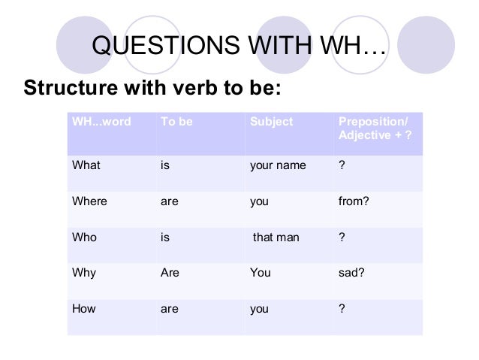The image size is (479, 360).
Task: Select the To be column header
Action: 176,122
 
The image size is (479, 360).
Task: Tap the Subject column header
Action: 271,122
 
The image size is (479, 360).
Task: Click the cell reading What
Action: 86,165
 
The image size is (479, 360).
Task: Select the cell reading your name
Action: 277,165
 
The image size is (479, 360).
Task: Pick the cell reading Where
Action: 89,201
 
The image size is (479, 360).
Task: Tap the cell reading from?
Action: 354,201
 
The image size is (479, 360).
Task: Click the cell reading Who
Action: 83,237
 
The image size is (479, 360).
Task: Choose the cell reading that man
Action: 276,237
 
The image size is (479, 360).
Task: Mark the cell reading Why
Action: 83,273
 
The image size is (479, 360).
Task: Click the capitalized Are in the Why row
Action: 170,273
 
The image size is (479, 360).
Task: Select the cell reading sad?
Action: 352,273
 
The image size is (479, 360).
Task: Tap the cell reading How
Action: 83,307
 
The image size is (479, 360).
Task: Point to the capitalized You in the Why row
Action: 260,273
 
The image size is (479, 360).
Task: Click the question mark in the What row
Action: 342,165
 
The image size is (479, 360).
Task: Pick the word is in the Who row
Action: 165,237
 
